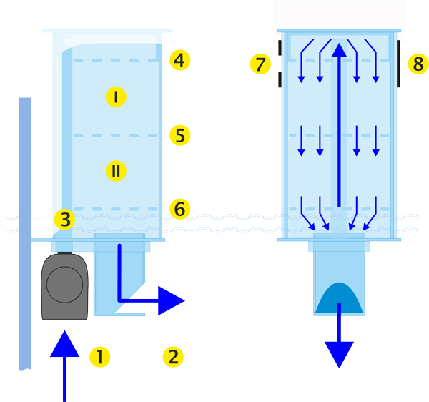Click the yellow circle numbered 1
tap(99, 356)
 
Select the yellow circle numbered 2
tap(172, 356)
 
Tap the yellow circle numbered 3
tap(66, 220)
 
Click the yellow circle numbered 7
tap(260, 64)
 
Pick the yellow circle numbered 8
tap(418, 64)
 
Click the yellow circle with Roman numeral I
tap(115, 97)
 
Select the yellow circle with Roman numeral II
tap(115, 170)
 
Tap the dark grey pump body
tap(65, 287)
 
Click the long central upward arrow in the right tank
tap(339, 122)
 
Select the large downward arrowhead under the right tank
tap(339, 353)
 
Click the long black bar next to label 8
tap(398, 64)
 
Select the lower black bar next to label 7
tap(280, 79)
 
